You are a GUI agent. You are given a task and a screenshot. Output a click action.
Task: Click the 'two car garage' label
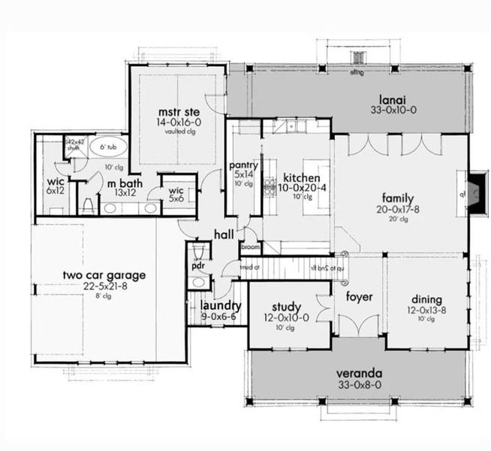click(104, 274)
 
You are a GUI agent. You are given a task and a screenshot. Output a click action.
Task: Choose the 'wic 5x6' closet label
click(175, 194)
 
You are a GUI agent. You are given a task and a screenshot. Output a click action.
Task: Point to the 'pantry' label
click(244, 165)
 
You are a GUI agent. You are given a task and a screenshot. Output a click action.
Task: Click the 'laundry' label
click(221, 306)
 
